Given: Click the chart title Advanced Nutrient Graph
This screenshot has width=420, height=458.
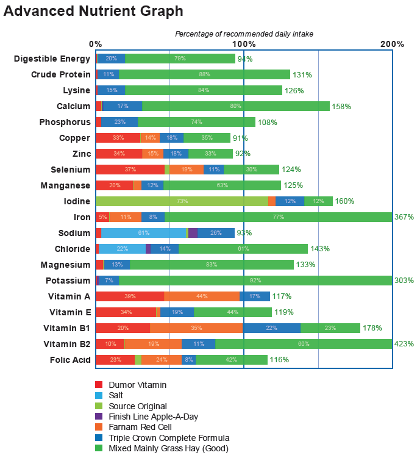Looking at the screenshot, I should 93,10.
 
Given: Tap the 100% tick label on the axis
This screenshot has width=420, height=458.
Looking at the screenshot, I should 244,44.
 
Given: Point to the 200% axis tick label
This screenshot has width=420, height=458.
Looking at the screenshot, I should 392,44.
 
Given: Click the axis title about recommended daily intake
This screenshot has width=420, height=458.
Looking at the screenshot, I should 244,34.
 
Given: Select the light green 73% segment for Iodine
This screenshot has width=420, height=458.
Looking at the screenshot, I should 182,201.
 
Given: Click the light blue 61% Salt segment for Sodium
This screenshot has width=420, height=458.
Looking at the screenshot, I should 144,233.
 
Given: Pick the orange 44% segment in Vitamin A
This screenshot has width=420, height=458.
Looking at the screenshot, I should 202,296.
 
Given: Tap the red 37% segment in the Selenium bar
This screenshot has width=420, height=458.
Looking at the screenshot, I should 130,170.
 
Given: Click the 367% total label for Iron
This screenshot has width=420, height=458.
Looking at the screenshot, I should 404,217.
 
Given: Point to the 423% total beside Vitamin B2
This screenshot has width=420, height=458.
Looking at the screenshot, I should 404,344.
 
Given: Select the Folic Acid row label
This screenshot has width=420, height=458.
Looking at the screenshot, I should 70,360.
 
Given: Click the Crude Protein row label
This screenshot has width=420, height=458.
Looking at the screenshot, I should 61,74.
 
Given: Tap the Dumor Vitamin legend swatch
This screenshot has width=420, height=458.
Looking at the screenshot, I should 99,385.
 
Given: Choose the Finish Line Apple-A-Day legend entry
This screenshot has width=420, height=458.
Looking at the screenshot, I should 153,417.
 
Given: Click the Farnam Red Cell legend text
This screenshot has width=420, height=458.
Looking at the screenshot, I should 140,427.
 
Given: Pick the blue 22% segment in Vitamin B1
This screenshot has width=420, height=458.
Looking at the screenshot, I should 272,328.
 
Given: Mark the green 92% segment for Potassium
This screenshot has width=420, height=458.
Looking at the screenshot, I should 255,281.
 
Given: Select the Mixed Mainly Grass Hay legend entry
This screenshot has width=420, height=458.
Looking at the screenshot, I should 168,448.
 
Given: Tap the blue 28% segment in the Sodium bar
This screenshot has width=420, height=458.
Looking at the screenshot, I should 216,233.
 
